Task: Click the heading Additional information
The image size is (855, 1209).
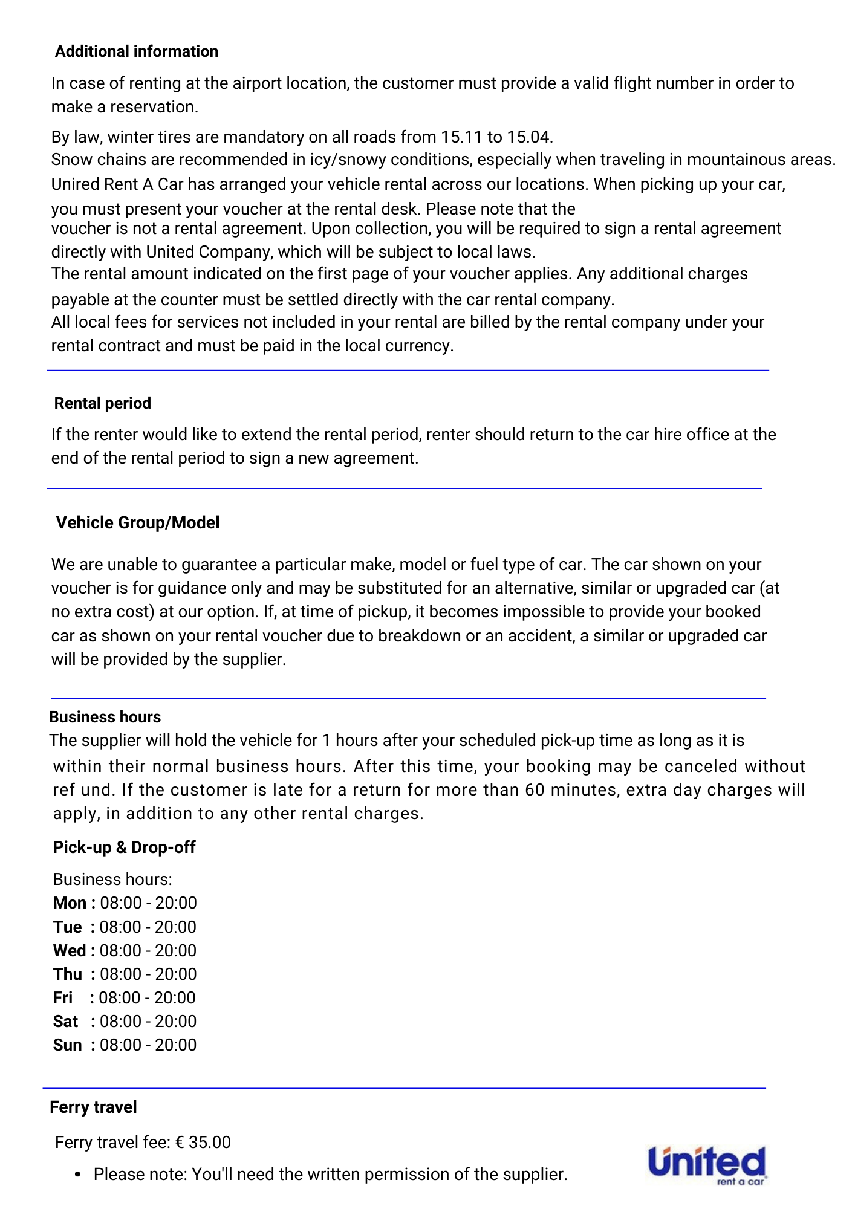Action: [x=136, y=52]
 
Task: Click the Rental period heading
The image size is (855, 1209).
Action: [x=102, y=403]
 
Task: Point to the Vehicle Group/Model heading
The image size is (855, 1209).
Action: [x=137, y=523]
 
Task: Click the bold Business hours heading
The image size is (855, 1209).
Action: [x=105, y=717]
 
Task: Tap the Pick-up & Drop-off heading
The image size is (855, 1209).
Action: [x=124, y=848]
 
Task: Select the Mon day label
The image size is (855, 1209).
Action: [x=70, y=903]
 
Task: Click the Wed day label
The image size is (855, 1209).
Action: [x=70, y=951]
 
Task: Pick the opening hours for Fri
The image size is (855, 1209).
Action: [x=147, y=998]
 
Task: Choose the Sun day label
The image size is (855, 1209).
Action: [x=67, y=1045]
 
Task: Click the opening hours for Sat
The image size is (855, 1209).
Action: [x=148, y=1022]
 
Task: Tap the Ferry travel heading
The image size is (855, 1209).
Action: [x=93, y=1107]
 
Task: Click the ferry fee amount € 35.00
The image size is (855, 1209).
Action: [x=203, y=1143]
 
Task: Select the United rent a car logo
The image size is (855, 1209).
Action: [x=707, y=1165]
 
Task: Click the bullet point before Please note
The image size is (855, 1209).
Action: [x=77, y=1175]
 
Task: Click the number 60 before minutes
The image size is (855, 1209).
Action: [x=535, y=790]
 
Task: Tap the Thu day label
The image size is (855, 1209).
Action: [x=67, y=974]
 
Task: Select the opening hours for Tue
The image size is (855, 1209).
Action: [x=148, y=927]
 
